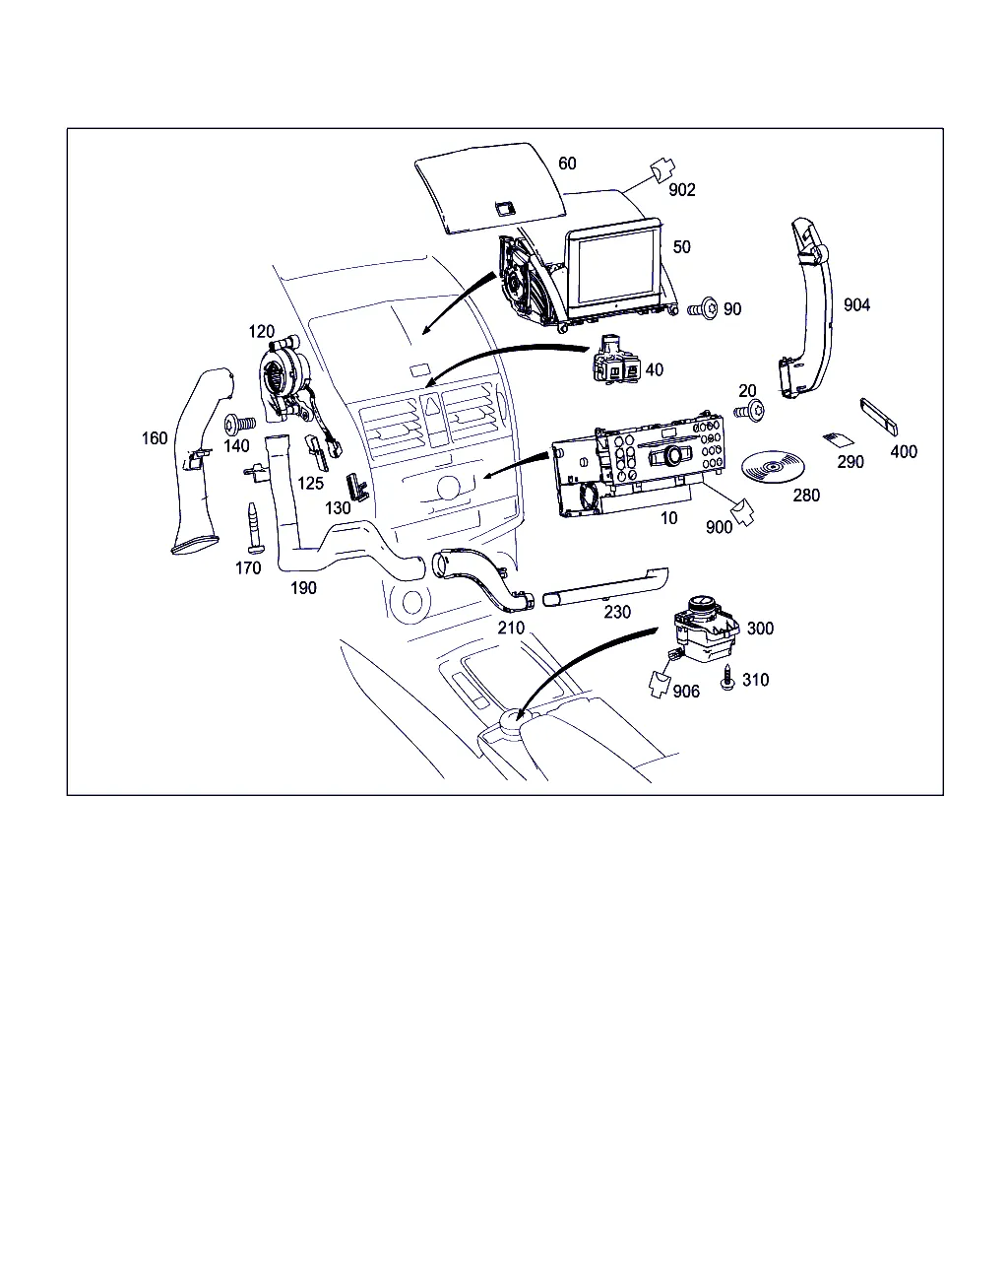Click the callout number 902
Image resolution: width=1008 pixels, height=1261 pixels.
click(682, 190)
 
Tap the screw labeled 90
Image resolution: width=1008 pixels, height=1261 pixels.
click(703, 308)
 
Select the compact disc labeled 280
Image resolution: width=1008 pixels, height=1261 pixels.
click(773, 467)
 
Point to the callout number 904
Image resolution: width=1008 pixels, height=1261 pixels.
click(856, 304)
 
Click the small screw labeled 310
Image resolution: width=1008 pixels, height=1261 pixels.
click(727, 677)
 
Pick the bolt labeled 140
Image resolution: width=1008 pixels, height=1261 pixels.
click(240, 424)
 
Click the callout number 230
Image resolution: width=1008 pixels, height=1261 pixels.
click(617, 612)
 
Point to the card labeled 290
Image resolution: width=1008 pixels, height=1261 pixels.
click(838, 439)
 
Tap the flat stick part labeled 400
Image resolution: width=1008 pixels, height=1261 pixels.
click(879, 417)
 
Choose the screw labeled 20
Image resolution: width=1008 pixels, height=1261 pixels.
click(750, 412)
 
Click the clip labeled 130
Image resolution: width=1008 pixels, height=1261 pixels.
click(357, 487)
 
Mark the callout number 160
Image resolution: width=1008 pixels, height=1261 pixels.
click(155, 438)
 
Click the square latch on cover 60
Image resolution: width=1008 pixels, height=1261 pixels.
click(504, 208)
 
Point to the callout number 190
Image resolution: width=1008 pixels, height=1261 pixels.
click(303, 588)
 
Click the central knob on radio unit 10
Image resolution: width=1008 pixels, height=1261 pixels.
click(674, 454)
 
